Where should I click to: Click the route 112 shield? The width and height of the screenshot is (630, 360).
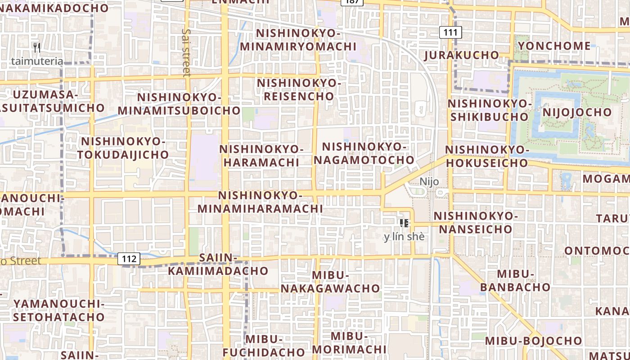click(x=129, y=259)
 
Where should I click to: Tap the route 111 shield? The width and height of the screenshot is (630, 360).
click(x=450, y=32)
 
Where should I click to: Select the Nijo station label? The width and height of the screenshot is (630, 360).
click(x=429, y=181)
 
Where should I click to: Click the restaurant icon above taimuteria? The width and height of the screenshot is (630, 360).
click(x=37, y=47)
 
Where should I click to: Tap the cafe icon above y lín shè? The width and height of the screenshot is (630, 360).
click(x=404, y=223)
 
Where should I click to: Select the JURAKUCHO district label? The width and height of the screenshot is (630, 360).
click(x=462, y=55)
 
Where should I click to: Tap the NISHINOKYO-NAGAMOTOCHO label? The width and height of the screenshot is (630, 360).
click(x=364, y=153)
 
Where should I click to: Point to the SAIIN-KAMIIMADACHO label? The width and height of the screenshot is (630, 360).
click(x=218, y=264)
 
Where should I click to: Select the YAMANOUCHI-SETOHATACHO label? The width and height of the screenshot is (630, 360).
click(x=58, y=310)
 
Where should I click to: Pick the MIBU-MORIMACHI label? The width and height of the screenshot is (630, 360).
click(x=349, y=342)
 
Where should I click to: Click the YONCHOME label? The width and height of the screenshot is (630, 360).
click(x=554, y=46)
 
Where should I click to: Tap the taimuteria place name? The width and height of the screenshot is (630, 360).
click(x=37, y=61)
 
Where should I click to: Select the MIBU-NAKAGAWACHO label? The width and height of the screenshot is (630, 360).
click(x=330, y=282)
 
